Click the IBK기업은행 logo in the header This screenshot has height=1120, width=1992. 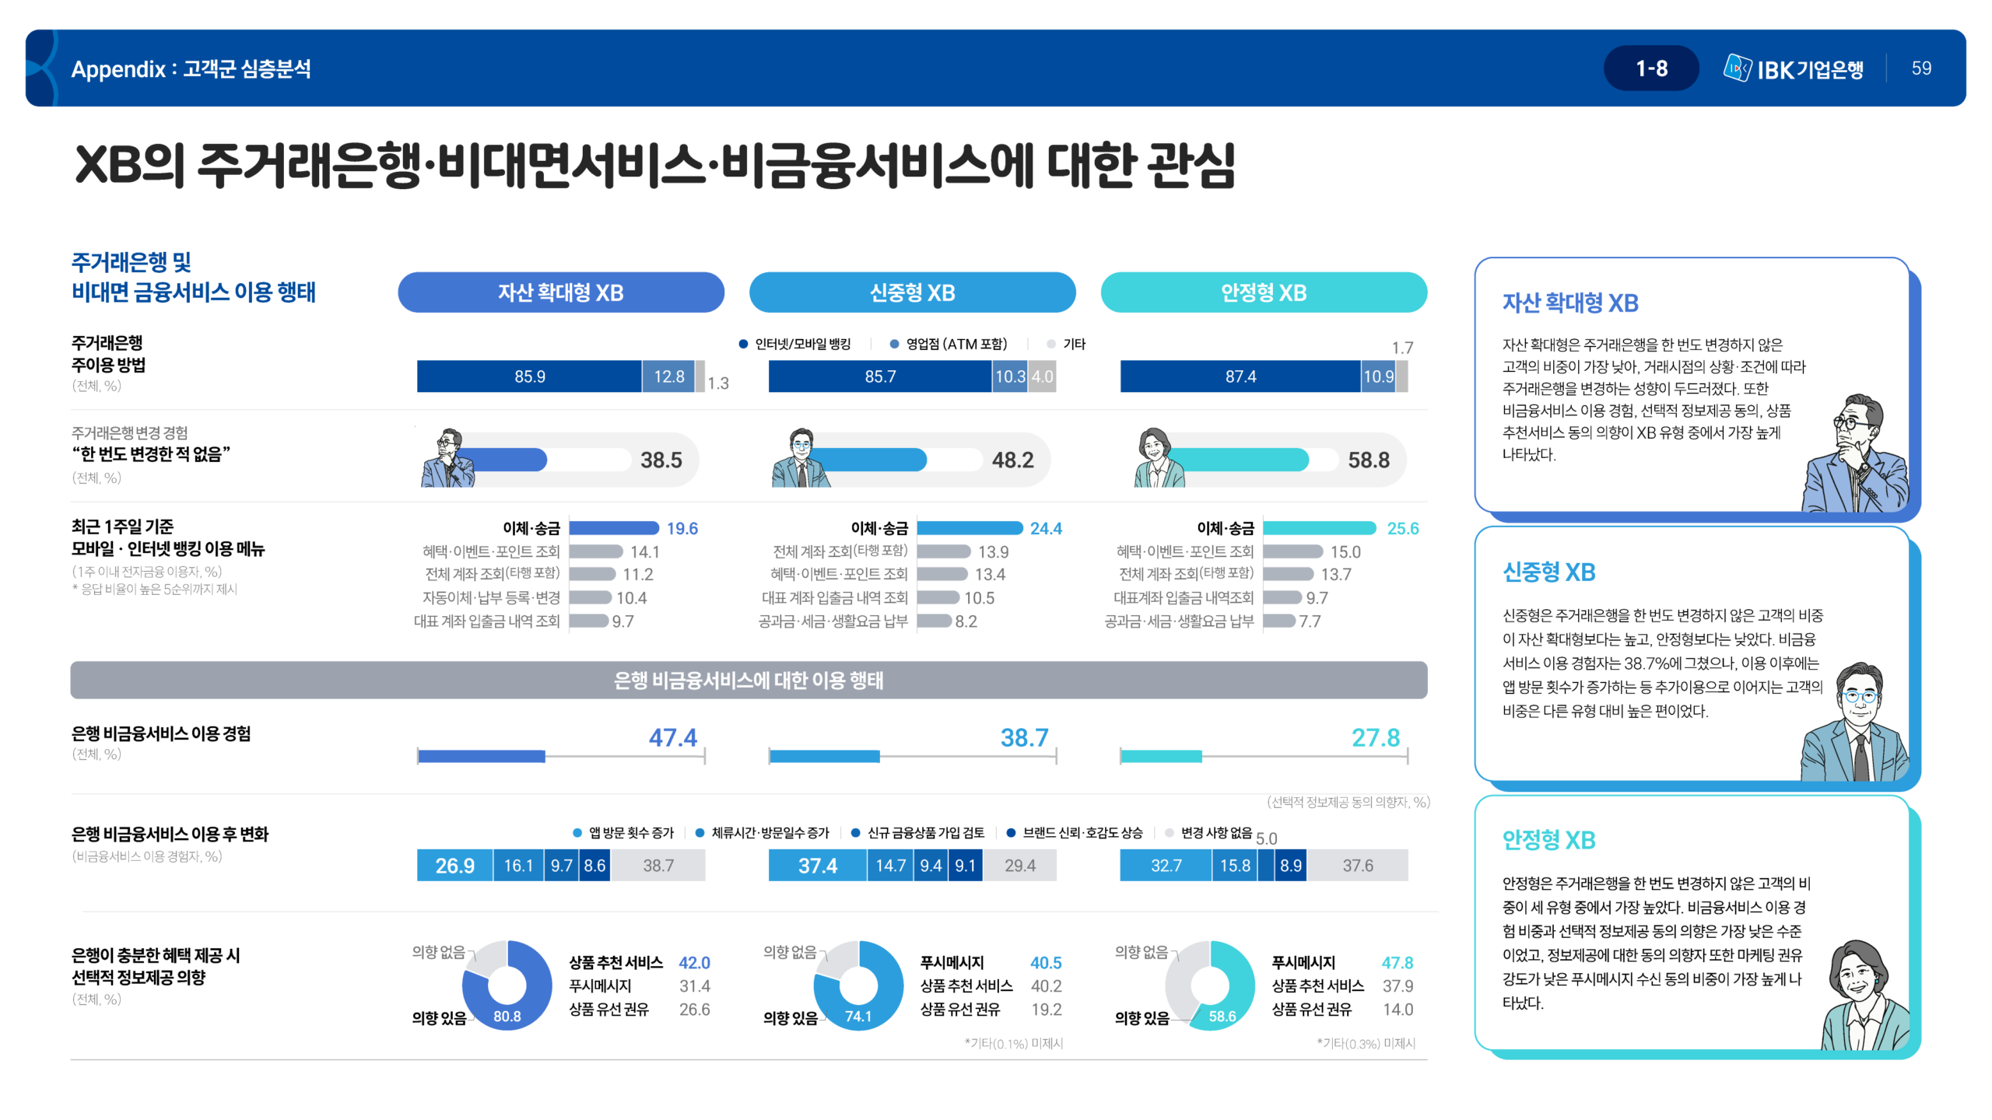pos(1793,69)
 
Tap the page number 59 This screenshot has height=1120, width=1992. pos(1921,68)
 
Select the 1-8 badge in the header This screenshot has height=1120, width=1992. pos(1650,68)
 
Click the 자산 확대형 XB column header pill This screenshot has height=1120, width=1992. pos(560,292)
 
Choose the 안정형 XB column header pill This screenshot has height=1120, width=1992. pos(1263,292)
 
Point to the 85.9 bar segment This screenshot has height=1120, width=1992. pos(529,376)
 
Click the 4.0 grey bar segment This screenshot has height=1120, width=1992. pos(1042,376)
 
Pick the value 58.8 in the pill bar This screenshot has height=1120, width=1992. pos(1368,460)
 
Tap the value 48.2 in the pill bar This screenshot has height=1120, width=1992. pos(1012,460)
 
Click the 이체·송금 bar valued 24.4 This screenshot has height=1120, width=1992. pos(970,529)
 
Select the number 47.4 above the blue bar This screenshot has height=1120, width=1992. pos(673,737)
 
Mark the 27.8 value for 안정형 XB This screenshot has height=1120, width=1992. pos(1375,737)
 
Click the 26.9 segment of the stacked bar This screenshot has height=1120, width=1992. pos(454,866)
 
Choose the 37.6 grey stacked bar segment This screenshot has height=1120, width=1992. pos(1357,866)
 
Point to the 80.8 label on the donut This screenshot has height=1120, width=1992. pos(507,1017)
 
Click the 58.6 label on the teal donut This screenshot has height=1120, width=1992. pos(1222,1017)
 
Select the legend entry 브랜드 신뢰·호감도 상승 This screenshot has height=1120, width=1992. pos(1082,833)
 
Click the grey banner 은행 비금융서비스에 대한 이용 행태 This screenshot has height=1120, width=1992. pos(748,681)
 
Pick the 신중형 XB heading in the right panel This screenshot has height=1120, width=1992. pos(1548,572)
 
